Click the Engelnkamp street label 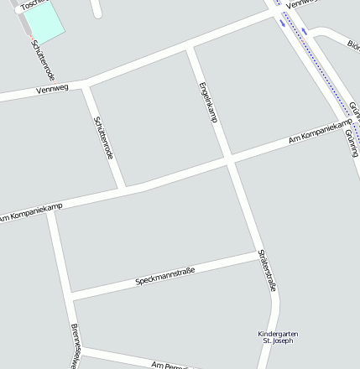207,102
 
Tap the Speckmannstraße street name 165,276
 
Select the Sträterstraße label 267,270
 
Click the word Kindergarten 278,334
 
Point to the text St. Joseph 278,341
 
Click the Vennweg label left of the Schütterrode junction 52,88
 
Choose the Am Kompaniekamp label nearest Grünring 319,132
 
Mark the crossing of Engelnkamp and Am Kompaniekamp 228,158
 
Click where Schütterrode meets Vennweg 86,83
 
